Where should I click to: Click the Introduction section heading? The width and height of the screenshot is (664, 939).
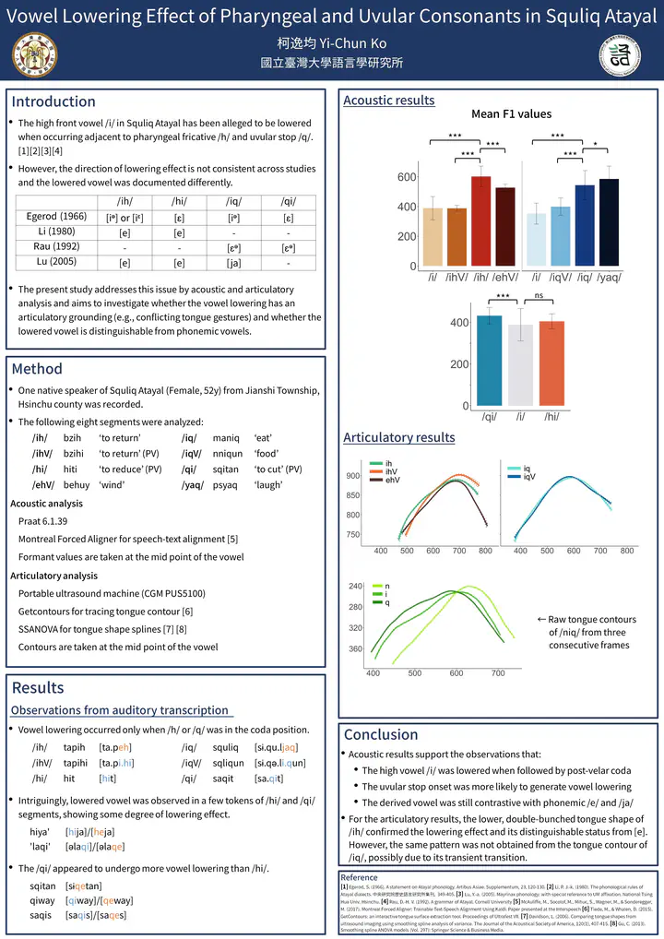(53, 101)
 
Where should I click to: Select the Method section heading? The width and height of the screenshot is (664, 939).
(37, 369)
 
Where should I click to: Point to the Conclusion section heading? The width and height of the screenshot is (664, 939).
(381, 734)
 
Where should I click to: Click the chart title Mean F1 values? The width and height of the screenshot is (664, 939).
(511, 114)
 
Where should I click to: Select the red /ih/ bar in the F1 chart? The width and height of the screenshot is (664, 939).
(480, 221)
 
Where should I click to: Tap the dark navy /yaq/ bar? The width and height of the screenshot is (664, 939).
(609, 222)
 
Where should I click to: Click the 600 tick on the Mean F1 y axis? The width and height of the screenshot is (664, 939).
(407, 177)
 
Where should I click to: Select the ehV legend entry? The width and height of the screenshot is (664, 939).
(393, 480)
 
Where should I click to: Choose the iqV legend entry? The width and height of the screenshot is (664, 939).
(528, 477)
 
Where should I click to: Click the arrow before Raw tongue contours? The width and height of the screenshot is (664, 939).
(541, 620)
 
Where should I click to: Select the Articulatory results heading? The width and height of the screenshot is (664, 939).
(399, 437)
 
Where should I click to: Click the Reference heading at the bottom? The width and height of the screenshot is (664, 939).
(359, 877)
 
